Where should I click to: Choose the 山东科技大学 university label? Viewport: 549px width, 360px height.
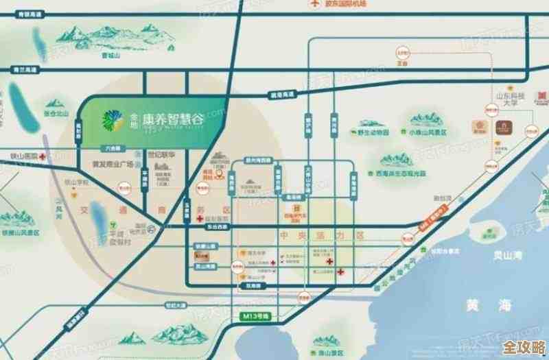(x=509, y=99)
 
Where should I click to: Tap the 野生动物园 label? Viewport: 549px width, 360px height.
(x=373, y=132)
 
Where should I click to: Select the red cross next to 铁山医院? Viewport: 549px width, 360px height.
(x=43, y=157)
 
